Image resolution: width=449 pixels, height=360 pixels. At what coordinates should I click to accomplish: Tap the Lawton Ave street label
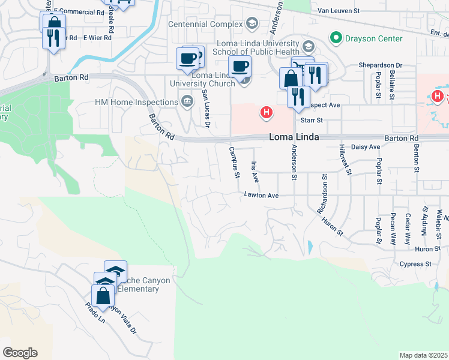point(261,195)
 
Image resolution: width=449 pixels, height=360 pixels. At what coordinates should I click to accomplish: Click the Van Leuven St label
point(338,11)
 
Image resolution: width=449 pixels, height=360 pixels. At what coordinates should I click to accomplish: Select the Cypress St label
point(420,263)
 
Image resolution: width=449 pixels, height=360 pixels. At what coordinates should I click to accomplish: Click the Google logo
point(20,353)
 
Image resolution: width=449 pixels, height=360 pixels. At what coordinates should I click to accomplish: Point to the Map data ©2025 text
point(423,355)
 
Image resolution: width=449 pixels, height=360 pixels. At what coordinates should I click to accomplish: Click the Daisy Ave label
point(366,146)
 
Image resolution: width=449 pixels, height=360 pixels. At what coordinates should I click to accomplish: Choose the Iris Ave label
point(255,171)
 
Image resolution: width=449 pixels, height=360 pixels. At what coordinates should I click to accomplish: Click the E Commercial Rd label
point(78,11)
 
